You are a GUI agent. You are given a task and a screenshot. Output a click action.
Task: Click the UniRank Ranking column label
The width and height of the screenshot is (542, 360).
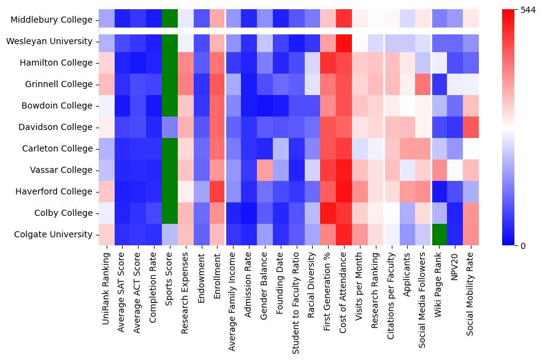click(x=107, y=289)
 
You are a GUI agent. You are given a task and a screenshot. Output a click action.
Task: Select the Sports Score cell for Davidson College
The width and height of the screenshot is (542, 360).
click(x=170, y=128)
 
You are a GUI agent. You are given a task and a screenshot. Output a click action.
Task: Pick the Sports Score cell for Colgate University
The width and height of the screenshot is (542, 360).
click(x=170, y=234)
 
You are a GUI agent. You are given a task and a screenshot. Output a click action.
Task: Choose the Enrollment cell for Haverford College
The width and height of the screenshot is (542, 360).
click(x=218, y=191)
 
